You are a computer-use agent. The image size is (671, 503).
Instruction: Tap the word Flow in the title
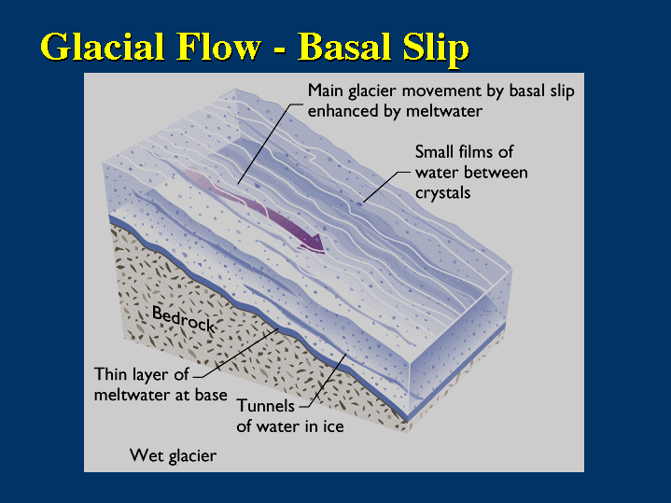pos(227,48)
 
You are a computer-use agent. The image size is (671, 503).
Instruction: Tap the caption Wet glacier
pos(173,456)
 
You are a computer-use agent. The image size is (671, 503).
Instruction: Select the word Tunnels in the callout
pos(266,406)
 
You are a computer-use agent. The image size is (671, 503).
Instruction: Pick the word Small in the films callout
pos(436,152)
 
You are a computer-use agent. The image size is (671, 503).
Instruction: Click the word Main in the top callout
pos(327,91)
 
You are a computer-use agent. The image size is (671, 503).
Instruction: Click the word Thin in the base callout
pos(111,374)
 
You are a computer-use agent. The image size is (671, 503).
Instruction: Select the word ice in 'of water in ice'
pos(333,426)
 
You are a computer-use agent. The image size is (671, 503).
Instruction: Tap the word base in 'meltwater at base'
pos(211,395)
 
